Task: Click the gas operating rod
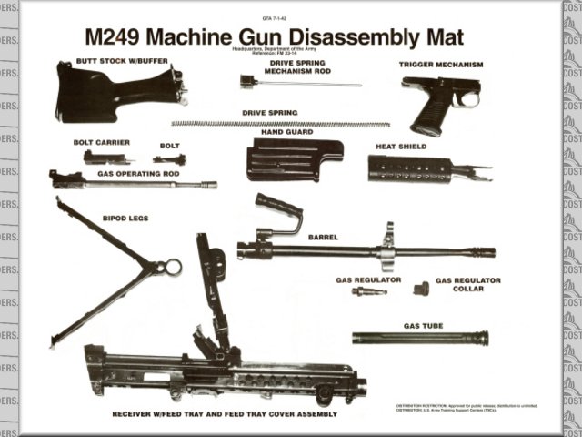136,183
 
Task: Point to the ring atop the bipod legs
171,267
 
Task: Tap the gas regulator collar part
420,289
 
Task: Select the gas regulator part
368,291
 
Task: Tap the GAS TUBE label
423,325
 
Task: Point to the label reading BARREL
323,237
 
